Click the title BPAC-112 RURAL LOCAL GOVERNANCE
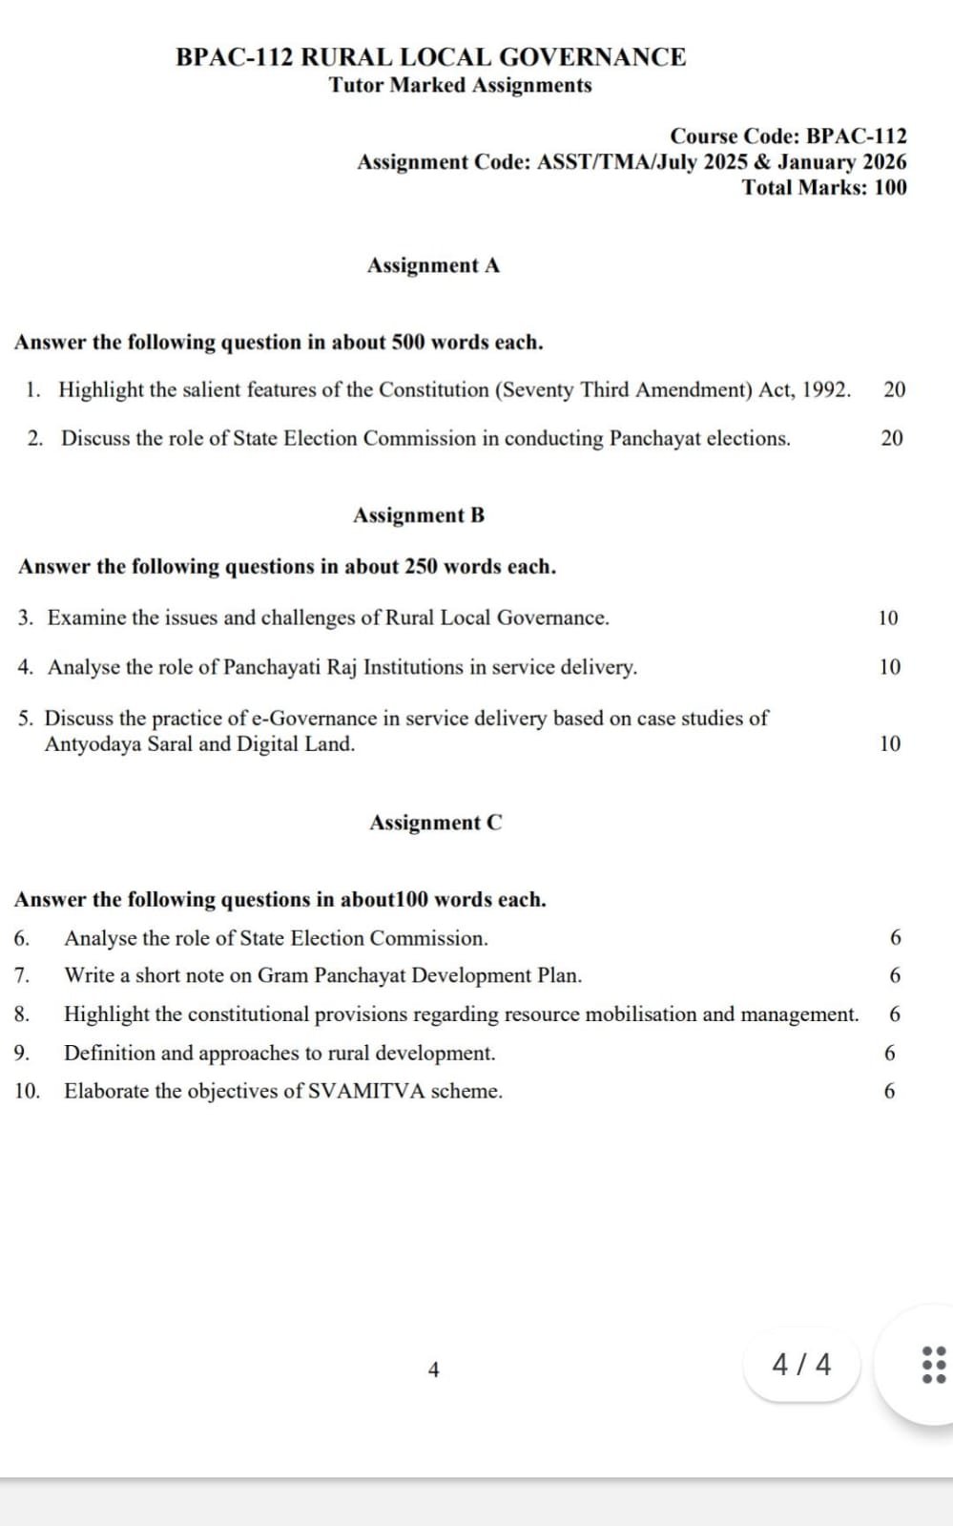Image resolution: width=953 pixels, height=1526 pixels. [430, 57]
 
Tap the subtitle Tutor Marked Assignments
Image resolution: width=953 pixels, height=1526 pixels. [460, 85]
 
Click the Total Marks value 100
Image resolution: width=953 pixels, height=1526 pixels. [890, 187]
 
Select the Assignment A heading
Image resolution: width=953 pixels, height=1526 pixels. [433, 265]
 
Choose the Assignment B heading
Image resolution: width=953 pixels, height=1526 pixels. [419, 515]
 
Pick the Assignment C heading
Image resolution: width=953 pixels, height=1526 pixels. [435, 823]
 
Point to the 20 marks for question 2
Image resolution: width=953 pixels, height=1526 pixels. [892, 438]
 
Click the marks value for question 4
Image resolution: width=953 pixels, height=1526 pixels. [889, 667]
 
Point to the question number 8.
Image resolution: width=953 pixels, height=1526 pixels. [22, 1014]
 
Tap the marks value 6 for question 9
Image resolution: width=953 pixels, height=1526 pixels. [890, 1053]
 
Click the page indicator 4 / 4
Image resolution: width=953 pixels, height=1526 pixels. [801, 1365]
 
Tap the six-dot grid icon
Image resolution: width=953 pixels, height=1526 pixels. [933, 1365]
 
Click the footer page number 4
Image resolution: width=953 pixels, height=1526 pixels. [434, 1370]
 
